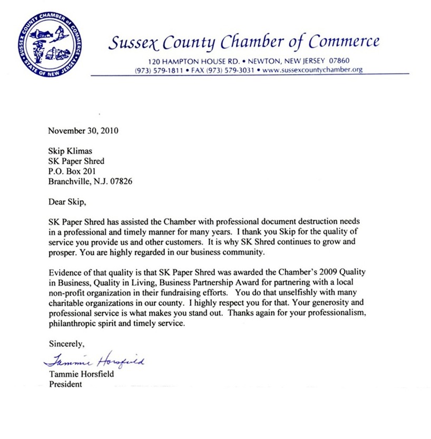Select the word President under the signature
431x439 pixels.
tap(65, 384)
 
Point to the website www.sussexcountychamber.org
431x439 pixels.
tap(312, 70)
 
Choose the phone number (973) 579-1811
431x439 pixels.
tap(159, 70)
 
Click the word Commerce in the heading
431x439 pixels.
tap(344, 42)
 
